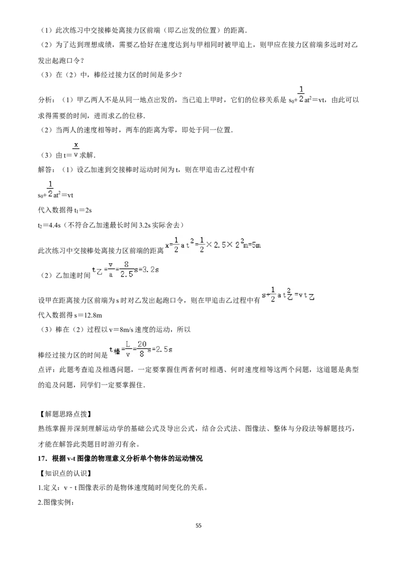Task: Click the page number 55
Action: [x=198, y=525]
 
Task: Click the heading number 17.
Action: [x=43, y=458]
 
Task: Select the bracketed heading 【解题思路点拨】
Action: [x=65, y=414]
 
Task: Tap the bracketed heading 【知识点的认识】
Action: [x=65, y=473]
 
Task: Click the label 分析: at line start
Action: [x=47, y=100]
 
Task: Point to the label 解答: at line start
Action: [x=47, y=169]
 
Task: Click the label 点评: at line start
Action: [x=47, y=369]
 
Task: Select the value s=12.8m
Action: [x=88, y=315]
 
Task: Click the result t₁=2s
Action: [x=83, y=211]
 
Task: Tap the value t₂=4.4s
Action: [x=50, y=225]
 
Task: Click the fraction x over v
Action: [x=76, y=150]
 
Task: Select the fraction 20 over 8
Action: [x=142, y=349]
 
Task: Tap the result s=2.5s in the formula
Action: [x=160, y=349]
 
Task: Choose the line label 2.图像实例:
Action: [x=56, y=502]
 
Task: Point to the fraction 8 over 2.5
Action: [x=126, y=270]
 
